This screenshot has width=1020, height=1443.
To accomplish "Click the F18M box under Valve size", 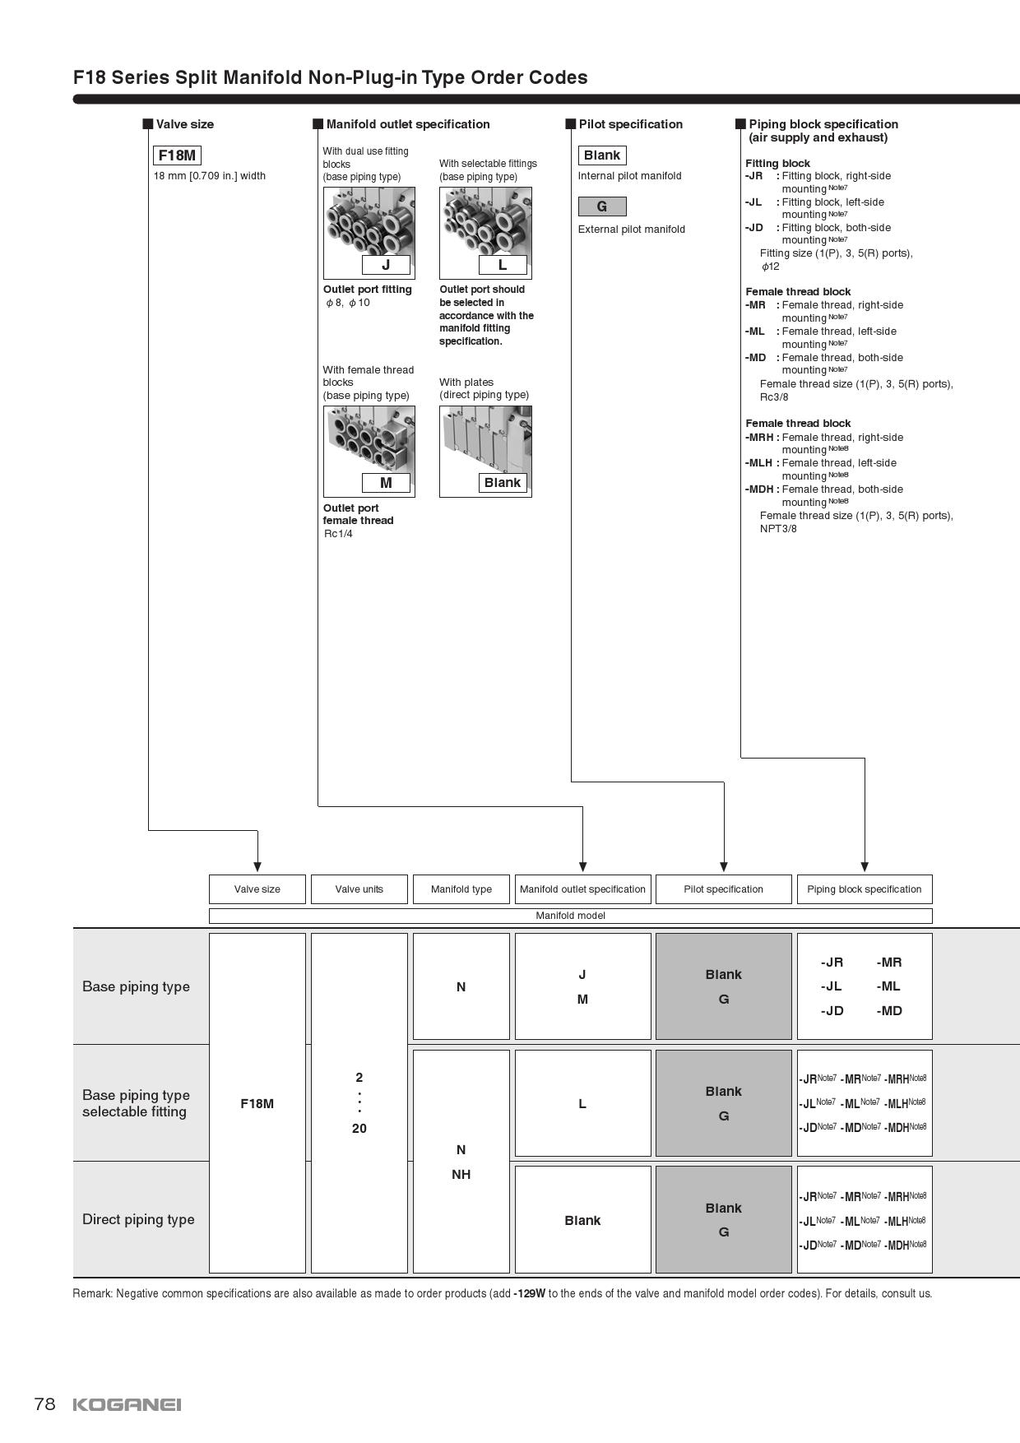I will tap(177, 155).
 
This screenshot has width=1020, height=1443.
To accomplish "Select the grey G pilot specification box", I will tap(602, 206).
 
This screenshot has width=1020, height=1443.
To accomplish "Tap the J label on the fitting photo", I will tap(386, 265).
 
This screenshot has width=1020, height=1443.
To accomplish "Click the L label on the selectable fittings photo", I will tap(503, 265).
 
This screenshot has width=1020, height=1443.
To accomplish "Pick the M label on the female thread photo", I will tap(386, 483).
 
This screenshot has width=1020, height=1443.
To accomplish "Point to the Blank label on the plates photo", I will tap(503, 483).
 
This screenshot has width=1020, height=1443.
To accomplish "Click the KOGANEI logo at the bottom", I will tap(127, 1404).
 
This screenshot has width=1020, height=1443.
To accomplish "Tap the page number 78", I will tap(44, 1404).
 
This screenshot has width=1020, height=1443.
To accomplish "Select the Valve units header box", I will tap(359, 889).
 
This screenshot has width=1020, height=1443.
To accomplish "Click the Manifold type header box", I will tap(461, 889).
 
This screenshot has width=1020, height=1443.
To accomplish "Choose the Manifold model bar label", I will tap(570, 916).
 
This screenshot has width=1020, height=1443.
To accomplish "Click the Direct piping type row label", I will tap(138, 1219).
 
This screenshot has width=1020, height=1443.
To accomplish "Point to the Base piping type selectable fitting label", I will tap(136, 1103).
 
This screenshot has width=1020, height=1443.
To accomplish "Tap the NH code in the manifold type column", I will tap(461, 1175).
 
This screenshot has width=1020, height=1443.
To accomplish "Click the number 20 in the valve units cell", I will tap(359, 1129).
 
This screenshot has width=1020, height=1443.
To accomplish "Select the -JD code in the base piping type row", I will tap(832, 1011).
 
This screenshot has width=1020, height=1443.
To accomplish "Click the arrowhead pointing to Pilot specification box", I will tap(724, 866).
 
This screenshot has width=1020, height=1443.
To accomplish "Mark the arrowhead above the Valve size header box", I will tap(257, 866).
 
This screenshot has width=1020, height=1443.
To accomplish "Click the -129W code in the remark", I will tap(529, 1293).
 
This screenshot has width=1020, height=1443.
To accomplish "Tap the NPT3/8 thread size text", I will tap(778, 529).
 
